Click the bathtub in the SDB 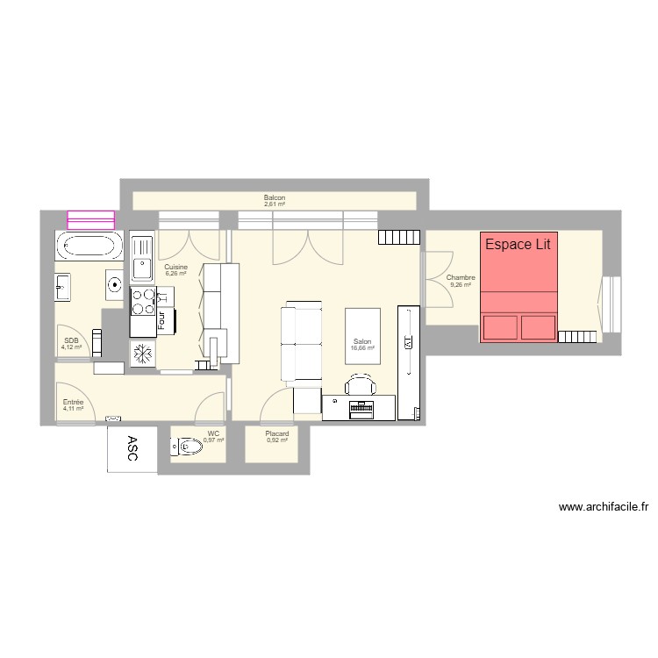(x=89, y=247)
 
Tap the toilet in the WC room (x=188, y=448)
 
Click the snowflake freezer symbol (x=142, y=354)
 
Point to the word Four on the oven (x=162, y=319)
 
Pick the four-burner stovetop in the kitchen (x=141, y=302)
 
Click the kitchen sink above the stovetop (x=141, y=255)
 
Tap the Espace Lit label (x=518, y=245)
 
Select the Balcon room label (x=275, y=198)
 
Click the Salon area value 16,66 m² (x=362, y=348)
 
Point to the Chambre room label (x=461, y=278)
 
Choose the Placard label (x=277, y=433)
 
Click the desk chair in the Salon (x=361, y=385)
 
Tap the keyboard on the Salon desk (x=361, y=406)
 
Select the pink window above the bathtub (x=91, y=220)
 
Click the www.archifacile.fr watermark (x=603, y=507)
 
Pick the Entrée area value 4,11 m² (x=73, y=409)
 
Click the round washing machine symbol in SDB (x=114, y=284)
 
